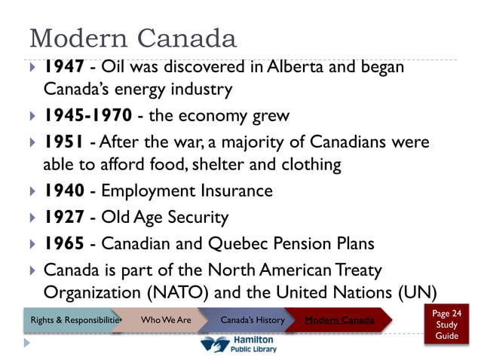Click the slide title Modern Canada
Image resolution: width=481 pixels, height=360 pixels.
point(132,38)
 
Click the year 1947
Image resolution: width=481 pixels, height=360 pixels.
point(63,67)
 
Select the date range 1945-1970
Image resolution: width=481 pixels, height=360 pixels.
point(88,117)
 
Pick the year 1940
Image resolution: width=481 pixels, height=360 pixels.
point(63,191)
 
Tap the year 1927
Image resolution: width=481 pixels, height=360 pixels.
point(63,218)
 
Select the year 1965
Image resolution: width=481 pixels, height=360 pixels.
point(63,244)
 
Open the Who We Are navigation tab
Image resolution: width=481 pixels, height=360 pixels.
point(166,320)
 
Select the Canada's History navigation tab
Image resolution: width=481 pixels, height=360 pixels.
point(252,320)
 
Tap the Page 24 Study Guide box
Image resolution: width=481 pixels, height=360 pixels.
point(447,324)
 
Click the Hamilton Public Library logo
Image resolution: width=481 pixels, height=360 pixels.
point(239,345)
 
